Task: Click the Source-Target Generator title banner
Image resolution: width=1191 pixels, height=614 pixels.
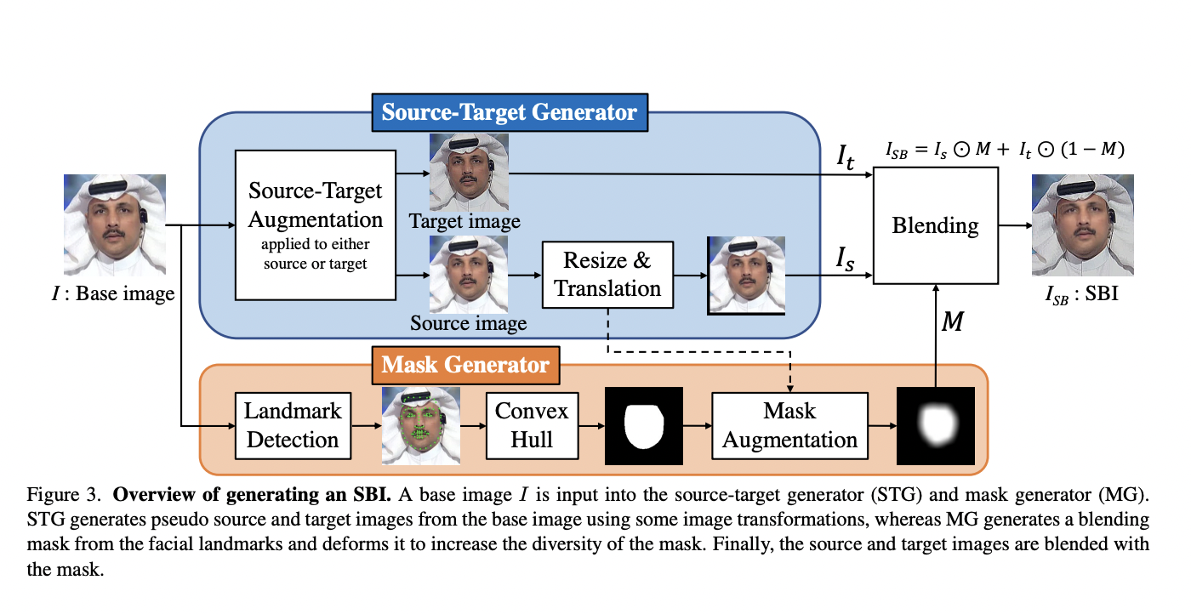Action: click(x=510, y=112)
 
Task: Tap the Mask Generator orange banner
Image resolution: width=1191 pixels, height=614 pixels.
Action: click(x=466, y=365)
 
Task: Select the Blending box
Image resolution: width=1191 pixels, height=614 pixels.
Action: click(x=935, y=225)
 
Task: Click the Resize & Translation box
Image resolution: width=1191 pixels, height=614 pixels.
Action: click(x=607, y=275)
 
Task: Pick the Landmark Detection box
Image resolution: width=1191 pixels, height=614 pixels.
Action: click(x=293, y=426)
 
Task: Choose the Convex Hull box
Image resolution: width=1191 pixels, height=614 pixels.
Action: click(x=533, y=426)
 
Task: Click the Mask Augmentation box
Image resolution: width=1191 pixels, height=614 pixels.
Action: click(x=789, y=426)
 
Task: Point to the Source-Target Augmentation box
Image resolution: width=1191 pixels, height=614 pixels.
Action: click(x=316, y=225)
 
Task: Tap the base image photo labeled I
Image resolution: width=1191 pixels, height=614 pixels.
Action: click(x=115, y=225)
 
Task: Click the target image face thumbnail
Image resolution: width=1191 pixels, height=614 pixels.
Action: click(x=469, y=173)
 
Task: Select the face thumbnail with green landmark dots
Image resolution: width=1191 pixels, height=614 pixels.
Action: click(x=421, y=426)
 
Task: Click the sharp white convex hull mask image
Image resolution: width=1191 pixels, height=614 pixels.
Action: click(x=644, y=426)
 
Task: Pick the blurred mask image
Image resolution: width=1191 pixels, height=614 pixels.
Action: click(x=936, y=426)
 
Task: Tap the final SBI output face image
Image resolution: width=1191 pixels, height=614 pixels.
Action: click(x=1083, y=225)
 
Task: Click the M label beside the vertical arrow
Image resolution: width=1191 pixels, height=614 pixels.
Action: click(x=952, y=321)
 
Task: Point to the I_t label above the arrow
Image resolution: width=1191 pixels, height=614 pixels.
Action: click(x=845, y=157)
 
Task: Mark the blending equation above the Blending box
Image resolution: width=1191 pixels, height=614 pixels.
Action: click(x=1005, y=150)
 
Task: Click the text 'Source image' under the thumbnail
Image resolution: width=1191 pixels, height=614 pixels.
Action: click(x=469, y=323)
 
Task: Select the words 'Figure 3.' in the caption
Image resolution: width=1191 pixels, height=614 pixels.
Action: click(x=64, y=495)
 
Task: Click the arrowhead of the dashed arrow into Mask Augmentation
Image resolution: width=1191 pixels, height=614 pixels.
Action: click(x=790, y=389)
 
